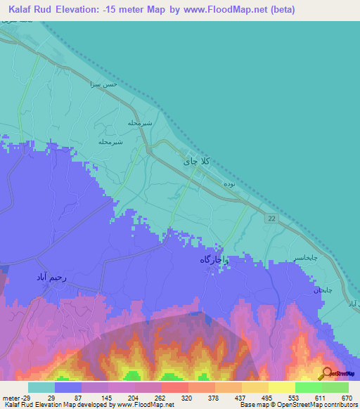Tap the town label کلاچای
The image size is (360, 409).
coord(196,160)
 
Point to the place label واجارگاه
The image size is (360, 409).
coord(214,260)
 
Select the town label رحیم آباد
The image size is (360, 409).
coord(51,278)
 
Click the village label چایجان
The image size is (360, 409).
coord(322,290)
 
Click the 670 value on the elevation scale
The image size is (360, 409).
coord(346,398)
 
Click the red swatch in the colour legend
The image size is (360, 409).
coord(174,387)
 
